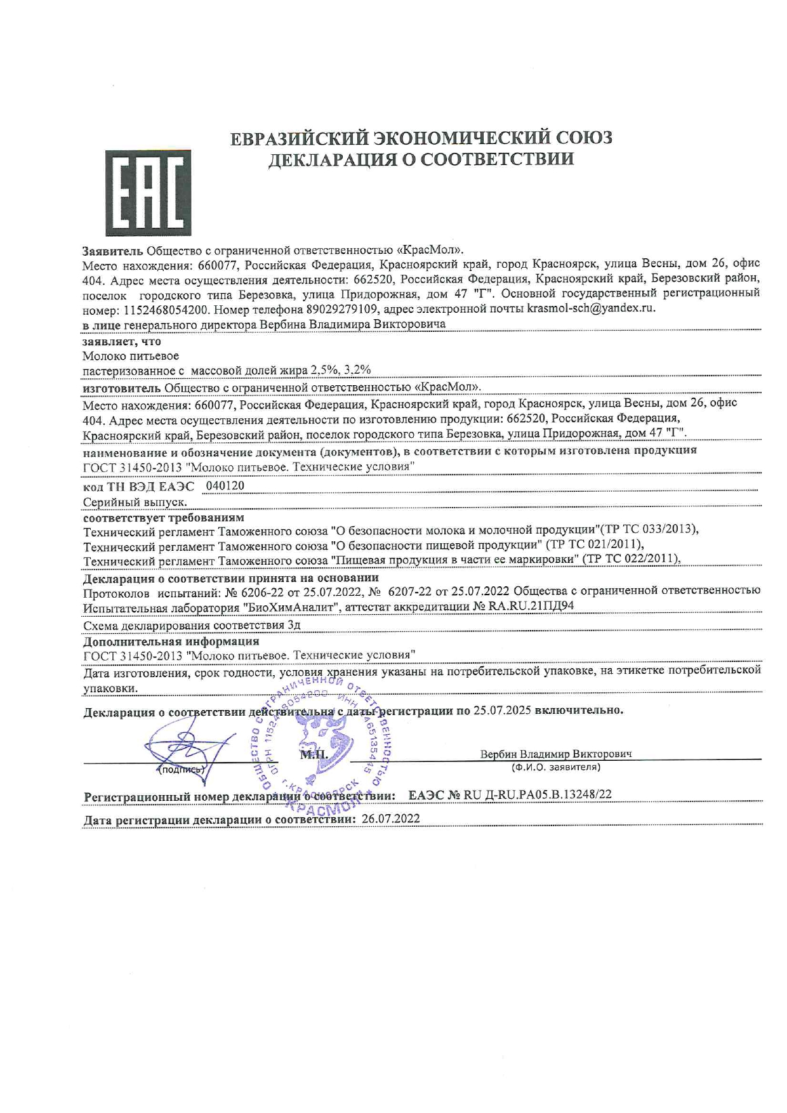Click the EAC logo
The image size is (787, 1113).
click(x=148, y=193)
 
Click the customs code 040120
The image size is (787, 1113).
click(x=225, y=486)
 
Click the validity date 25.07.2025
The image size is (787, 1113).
click(x=501, y=710)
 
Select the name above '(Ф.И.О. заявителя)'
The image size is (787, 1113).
click(x=556, y=754)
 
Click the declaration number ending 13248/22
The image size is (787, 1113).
click(x=510, y=794)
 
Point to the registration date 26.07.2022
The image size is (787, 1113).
click(x=390, y=819)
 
